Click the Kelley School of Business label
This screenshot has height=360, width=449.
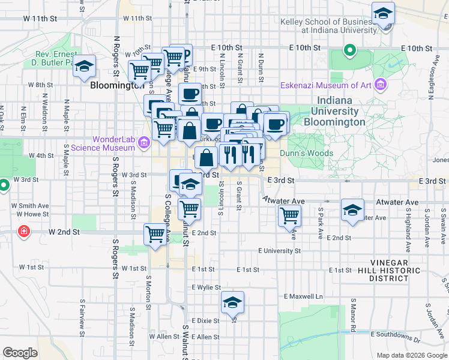327,26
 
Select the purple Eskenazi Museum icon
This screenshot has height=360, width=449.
379,85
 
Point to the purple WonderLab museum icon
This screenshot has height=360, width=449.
143,143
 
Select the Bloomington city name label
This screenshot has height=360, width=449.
116,85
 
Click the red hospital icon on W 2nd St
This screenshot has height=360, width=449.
23,231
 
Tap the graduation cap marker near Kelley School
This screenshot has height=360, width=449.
382,14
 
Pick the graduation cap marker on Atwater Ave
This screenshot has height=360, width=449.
352,211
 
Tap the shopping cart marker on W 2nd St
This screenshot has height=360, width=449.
155,235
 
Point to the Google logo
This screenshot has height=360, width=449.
20,353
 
